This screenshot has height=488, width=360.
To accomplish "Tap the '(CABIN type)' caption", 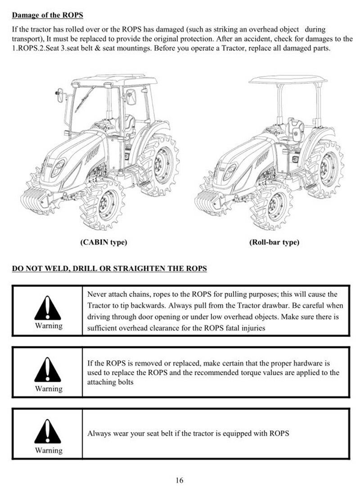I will [103, 242].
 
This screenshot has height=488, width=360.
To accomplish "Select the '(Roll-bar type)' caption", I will [274, 242].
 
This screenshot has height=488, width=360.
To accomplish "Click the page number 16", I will [180, 480].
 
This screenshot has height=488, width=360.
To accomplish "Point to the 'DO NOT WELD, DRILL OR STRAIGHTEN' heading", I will [109, 269].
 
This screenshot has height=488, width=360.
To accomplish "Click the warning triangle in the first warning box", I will [48, 309].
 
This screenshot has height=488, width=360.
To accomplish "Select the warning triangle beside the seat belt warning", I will [48, 432].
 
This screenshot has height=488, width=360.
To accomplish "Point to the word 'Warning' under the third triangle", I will [49, 450].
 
